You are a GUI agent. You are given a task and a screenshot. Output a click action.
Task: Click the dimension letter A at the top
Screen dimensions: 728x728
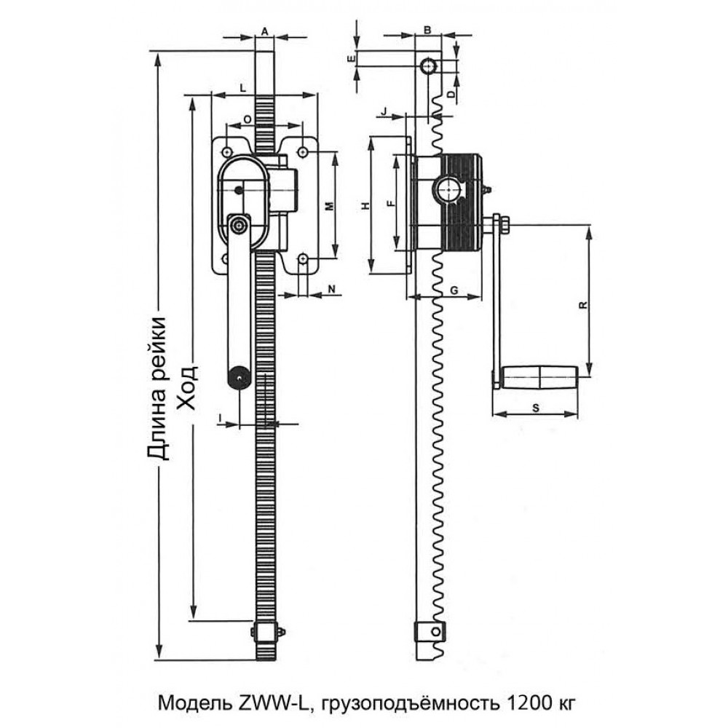coord(265,31)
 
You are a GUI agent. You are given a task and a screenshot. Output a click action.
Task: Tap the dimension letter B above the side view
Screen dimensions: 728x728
coord(427,30)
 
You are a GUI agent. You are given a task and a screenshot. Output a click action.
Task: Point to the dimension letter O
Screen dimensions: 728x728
coord(248,119)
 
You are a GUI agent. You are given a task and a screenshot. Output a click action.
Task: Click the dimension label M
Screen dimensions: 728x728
coord(329,206)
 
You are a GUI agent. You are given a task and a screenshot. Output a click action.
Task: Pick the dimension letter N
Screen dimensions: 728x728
coord(331,289)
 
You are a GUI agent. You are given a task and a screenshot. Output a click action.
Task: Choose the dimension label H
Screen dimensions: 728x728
coord(366,206)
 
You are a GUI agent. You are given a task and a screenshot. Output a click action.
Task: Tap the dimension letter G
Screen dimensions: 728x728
coord(454,290)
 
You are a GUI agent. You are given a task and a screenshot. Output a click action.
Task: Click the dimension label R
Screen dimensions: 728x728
coord(584,305)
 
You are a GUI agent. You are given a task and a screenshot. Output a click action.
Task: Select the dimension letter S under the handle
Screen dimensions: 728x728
coord(535,408)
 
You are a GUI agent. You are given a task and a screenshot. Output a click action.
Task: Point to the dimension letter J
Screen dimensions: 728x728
coord(384,112)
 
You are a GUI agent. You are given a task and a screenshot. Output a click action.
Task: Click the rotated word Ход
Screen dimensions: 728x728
coord(188,388)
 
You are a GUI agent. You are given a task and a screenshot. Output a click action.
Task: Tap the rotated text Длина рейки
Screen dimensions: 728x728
coord(157,388)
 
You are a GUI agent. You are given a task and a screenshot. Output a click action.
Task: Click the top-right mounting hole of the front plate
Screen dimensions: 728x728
coord(303,152)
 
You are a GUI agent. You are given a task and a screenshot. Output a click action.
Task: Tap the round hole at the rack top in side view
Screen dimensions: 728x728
coord(428,66)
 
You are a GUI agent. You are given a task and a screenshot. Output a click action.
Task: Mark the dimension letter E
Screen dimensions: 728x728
coord(352,58)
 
